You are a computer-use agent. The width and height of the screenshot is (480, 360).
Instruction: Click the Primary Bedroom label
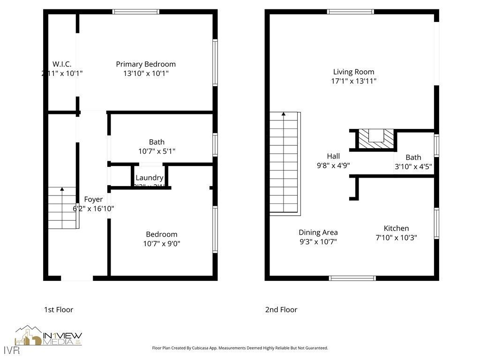click(x=146, y=64)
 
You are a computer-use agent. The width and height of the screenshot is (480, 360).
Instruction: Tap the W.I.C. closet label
click(x=62, y=64)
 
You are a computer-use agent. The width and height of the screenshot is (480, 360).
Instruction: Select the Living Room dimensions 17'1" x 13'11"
click(x=353, y=81)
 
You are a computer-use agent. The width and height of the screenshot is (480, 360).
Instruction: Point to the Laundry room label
click(x=149, y=178)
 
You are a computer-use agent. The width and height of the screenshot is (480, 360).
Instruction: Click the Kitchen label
click(x=396, y=228)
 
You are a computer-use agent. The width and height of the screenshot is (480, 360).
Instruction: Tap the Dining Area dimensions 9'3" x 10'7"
click(x=318, y=242)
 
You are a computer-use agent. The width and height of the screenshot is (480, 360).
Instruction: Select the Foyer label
click(x=93, y=199)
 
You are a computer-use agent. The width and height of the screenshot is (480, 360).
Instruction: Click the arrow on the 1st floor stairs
click(x=62, y=189)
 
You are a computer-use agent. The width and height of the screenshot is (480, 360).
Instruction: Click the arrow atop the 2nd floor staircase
click(x=283, y=114)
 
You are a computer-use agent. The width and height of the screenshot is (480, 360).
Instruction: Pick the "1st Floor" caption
click(x=59, y=309)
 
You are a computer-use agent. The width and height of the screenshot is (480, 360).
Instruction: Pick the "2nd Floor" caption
click(x=281, y=309)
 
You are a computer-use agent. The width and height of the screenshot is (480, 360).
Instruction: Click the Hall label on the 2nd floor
click(x=333, y=156)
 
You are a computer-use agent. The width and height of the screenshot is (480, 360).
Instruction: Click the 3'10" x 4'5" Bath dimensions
click(x=413, y=166)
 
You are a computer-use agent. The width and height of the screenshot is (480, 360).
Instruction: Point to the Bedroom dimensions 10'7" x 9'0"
click(x=161, y=244)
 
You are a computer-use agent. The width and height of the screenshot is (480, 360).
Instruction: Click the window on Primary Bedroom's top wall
click(x=136, y=12)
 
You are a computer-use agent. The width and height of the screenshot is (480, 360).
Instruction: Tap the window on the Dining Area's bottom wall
click(x=352, y=278)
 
